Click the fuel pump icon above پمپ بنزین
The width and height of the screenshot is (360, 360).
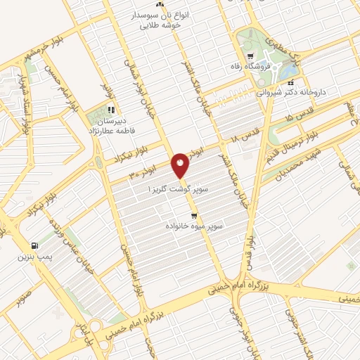pos(34,246)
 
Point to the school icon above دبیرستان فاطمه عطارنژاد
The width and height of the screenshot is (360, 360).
pos(110,110)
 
